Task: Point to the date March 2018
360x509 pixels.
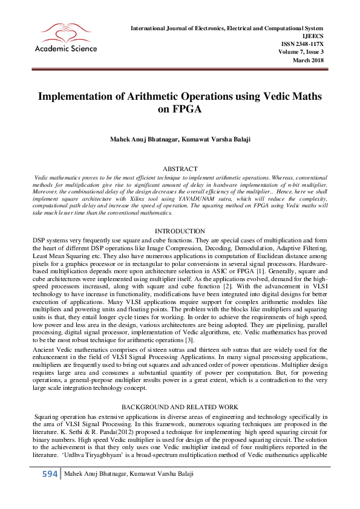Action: pyautogui.click(x=308, y=60)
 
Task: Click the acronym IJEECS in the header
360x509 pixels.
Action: pyautogui.click(x=312, y=36)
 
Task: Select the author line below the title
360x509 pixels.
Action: pyautogui.click(x=180, y=140)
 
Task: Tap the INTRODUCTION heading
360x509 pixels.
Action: pyautogui.click(x=180, y=232)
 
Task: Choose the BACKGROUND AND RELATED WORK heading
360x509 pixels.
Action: pyautogui.click(x=180, y=408)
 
